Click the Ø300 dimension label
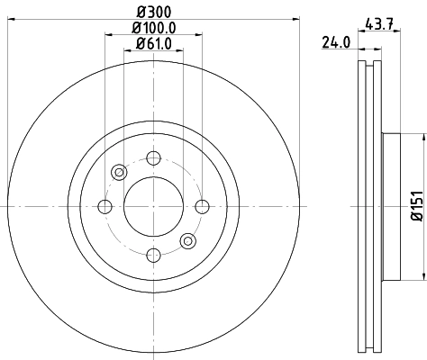(153, 11)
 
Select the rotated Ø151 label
(416, 207)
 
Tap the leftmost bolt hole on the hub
(104, 207)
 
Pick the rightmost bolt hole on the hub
(203, 207)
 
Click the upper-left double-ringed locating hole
(118, 173)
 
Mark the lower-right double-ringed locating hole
(188, 241)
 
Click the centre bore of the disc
(153, 207)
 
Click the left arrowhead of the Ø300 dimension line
(21, 20)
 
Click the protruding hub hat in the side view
(395, 207)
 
